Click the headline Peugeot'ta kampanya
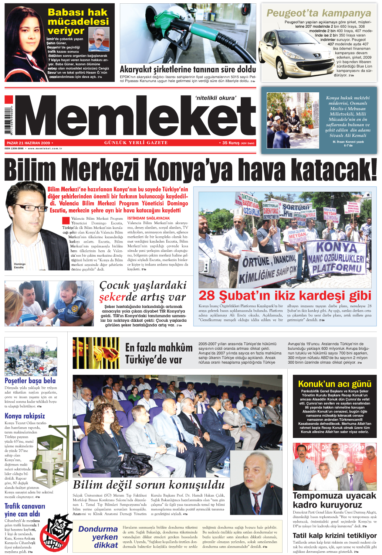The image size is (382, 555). (318, 13)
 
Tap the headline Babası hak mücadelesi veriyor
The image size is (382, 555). (78, 22)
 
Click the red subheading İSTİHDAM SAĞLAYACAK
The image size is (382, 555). (148, 218)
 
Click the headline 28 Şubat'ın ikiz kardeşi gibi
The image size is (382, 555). (285, 296)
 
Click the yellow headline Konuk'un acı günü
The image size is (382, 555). (335, 384)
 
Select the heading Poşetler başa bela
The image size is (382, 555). (30, 381)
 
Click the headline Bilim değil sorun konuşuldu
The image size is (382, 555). (149, 484)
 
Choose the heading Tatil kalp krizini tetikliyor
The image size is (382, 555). (334, 535)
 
